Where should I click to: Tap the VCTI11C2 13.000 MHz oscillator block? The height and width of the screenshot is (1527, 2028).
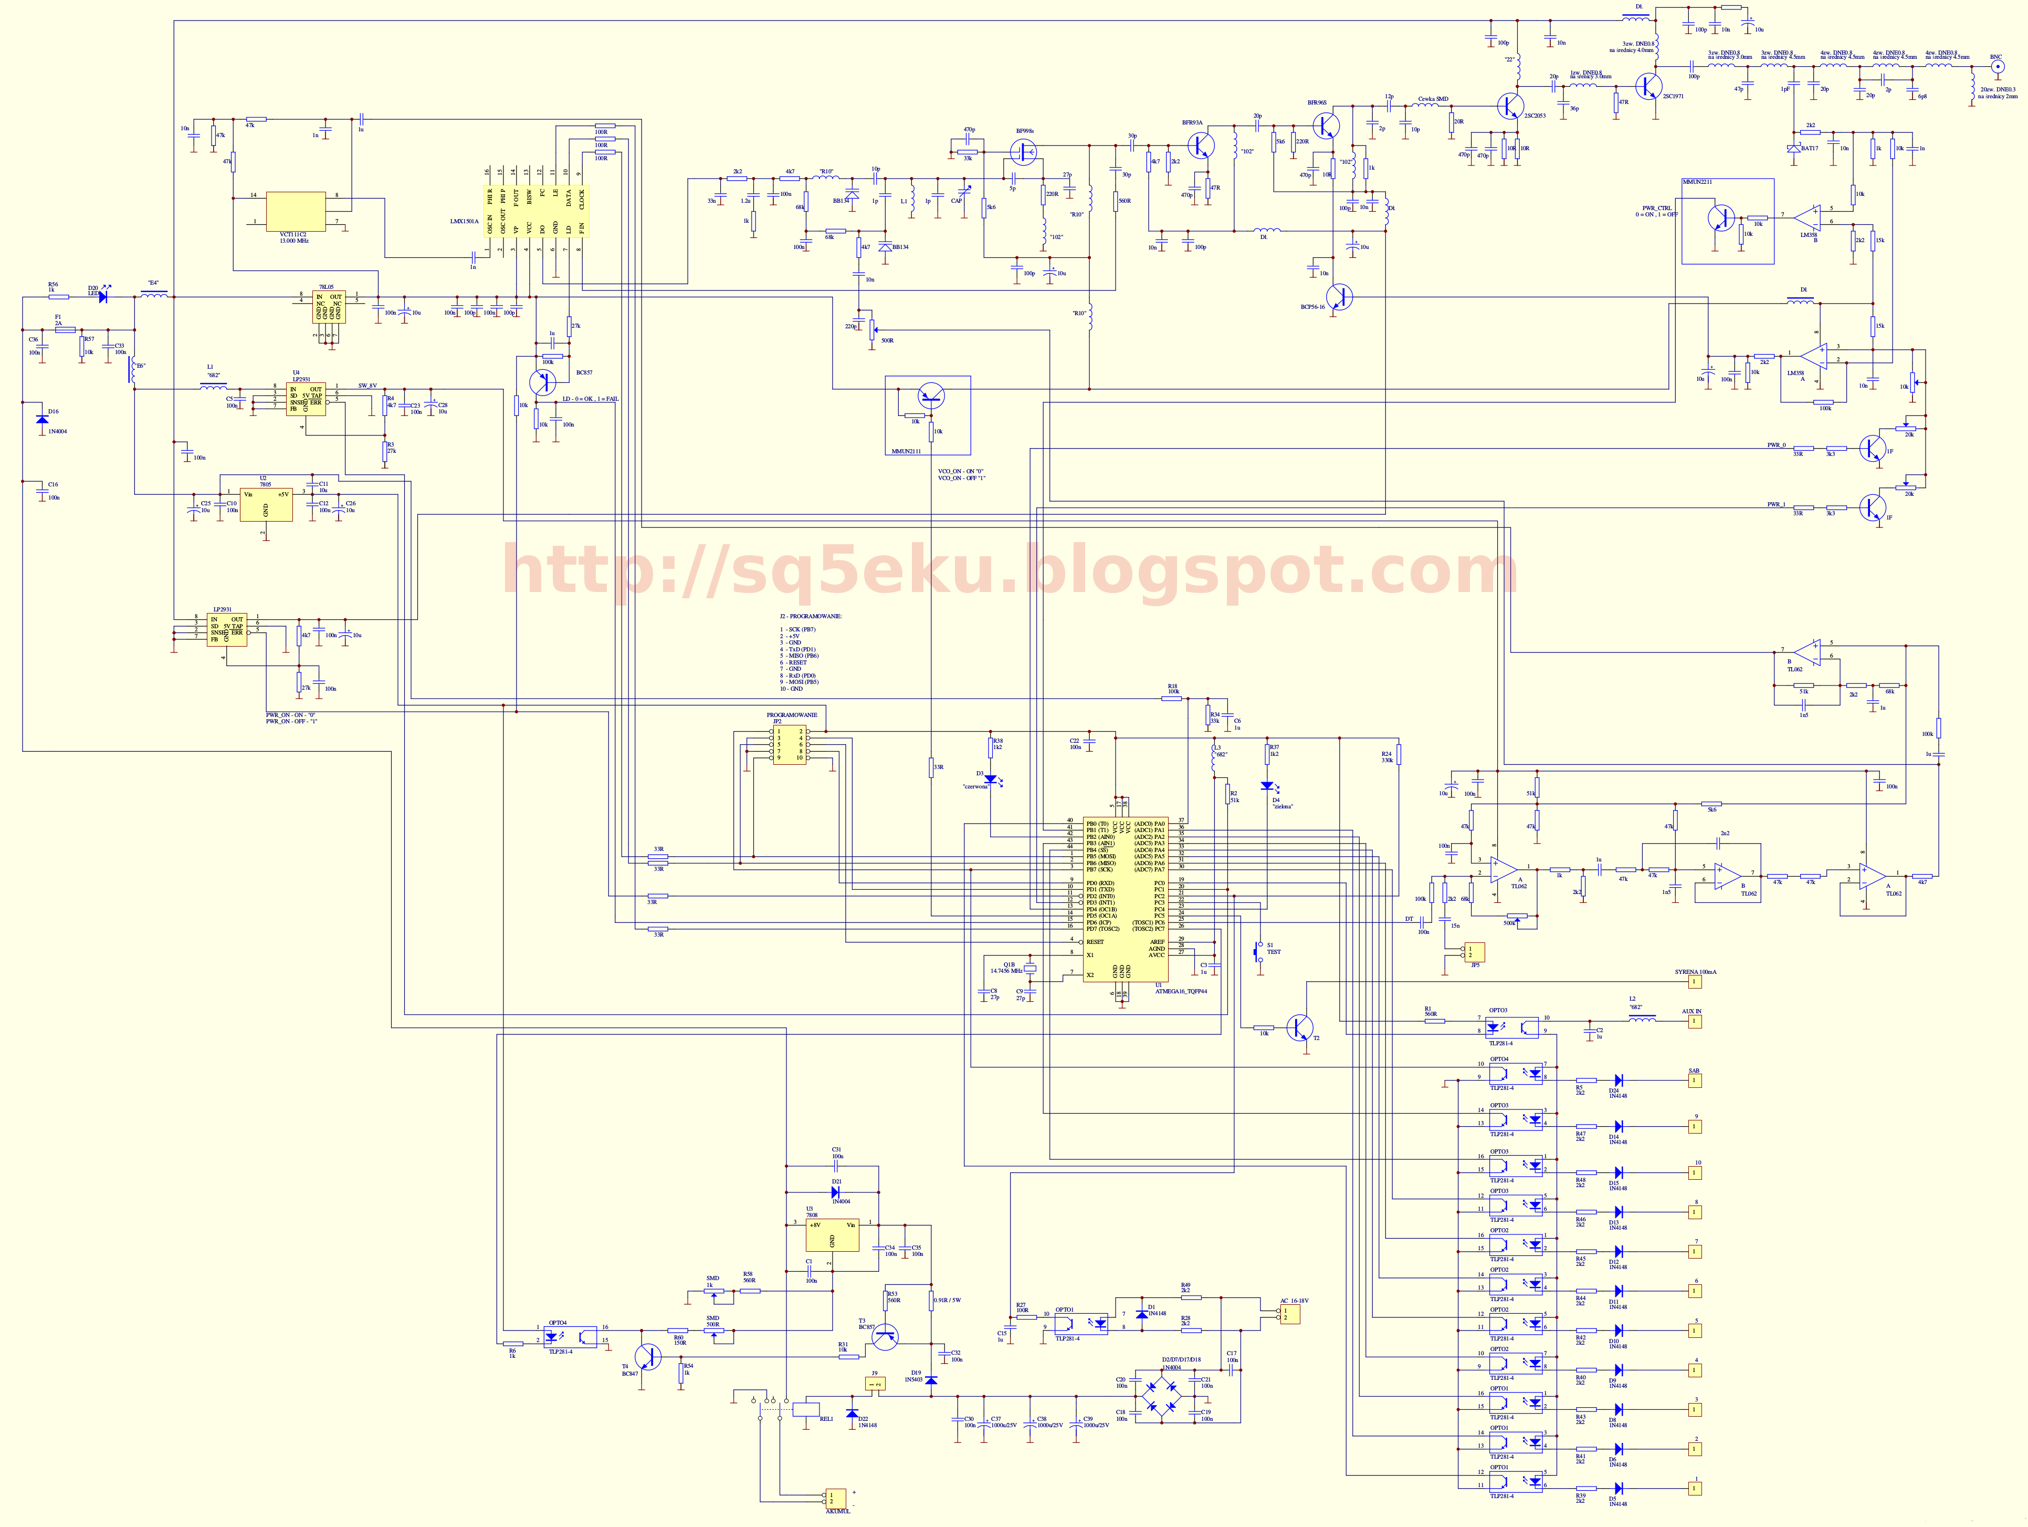point(295,211)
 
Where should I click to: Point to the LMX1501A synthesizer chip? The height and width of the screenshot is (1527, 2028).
point(535,212)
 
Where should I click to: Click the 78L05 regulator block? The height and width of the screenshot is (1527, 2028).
point(328,307)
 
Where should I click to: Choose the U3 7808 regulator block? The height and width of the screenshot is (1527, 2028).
point(832,1235)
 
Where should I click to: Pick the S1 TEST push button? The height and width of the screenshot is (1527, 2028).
point(1259,951)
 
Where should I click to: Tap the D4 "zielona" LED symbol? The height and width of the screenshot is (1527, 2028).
point(1267,786)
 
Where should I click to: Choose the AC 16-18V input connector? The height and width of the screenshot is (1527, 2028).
point(1290,1313)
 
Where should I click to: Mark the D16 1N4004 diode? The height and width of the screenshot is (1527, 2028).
point(41,420)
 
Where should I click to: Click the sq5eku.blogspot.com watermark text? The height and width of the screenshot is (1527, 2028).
point(1008,570)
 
